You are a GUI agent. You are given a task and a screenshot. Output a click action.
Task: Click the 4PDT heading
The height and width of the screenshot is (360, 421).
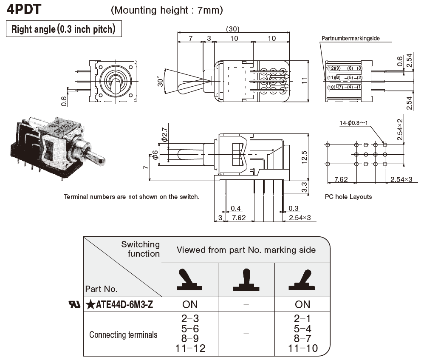pos(24,9)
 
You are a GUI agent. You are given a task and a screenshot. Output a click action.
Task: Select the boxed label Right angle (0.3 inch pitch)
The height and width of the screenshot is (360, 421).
pos(63,29)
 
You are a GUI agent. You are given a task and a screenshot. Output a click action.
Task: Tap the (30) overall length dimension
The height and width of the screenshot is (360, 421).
pos(233,29)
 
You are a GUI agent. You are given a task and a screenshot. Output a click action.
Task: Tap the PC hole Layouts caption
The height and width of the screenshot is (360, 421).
pos(348,197)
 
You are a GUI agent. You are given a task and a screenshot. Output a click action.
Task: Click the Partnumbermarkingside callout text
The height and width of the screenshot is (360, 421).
pos(350,38)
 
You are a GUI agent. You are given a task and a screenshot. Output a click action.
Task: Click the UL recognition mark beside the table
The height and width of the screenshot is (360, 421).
pos(74,304)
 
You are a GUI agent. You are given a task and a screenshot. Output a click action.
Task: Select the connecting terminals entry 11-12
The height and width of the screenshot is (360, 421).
pos(190,349)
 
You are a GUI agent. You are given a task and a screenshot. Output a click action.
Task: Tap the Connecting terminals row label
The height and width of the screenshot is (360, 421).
pos(123,335)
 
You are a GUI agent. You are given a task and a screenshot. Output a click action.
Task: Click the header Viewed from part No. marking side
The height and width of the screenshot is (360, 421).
pos(246,250)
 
